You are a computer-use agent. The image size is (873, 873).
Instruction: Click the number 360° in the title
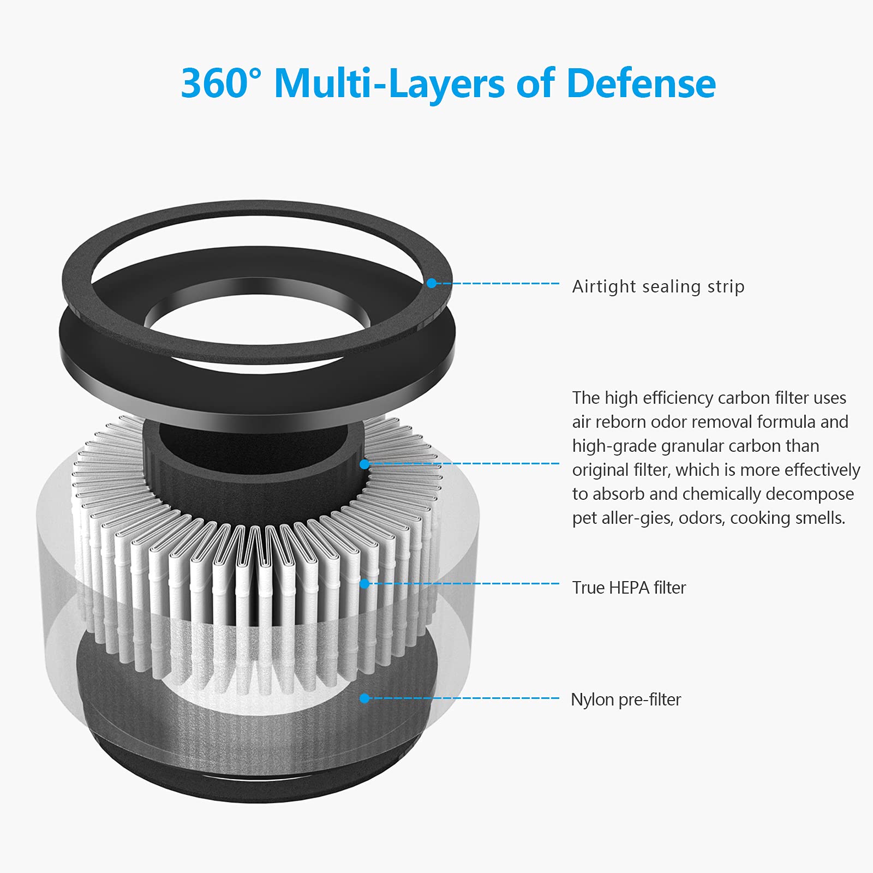221,83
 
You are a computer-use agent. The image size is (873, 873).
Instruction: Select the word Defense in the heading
641,83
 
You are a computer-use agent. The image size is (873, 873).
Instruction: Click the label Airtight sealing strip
658,286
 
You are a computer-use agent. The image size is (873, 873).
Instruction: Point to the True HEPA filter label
629,588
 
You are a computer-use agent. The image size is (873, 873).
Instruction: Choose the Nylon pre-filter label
626,699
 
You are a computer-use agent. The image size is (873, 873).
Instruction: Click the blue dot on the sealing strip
432,283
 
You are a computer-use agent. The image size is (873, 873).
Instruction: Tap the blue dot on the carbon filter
364,464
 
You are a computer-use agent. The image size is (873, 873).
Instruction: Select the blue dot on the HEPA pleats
364,584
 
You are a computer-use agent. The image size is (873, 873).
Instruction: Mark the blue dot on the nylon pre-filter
364,698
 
